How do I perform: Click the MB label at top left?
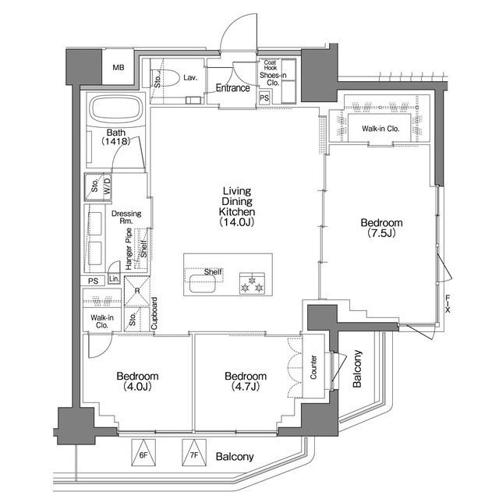(119, 68)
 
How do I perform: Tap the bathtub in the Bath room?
(117, 110)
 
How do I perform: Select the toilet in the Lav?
(164, 77)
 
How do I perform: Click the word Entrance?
(232, 88)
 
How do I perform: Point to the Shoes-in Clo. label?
(273, 79)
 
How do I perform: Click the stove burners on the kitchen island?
(252, 283)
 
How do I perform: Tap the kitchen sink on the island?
(203, 284)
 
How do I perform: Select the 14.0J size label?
(237, 221)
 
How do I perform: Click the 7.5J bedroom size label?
(381, 233)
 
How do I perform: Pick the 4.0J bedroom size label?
(137, 387)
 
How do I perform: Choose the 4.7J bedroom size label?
(246, 387)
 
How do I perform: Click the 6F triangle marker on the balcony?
(143, 453)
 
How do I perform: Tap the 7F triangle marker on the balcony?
(194, 453)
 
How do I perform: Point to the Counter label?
(313, 367)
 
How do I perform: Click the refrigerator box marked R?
(137, 291)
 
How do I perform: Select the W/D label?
(108, 185)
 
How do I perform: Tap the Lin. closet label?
(114, 279)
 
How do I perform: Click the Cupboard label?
(154, 313)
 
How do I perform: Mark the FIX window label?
(448, 303)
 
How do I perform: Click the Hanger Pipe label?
(129, 249)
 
